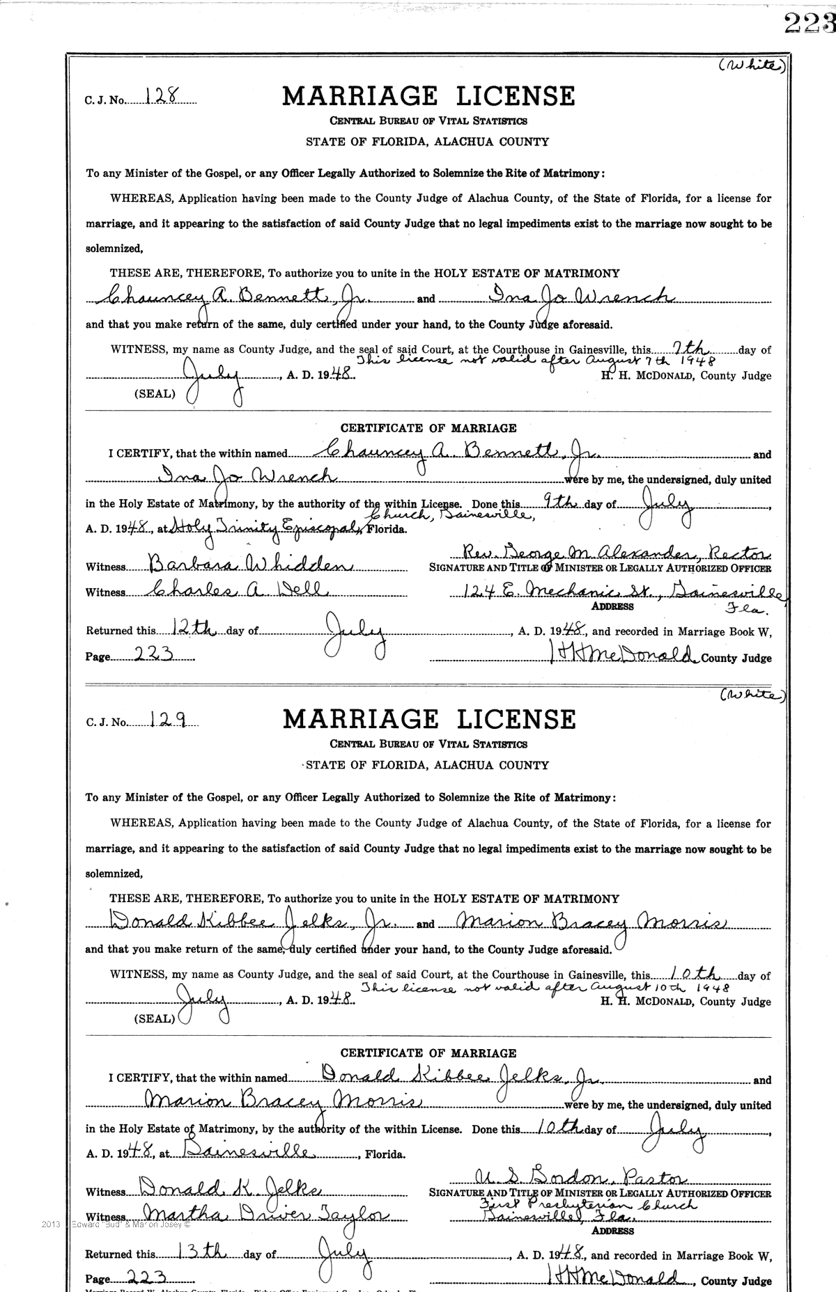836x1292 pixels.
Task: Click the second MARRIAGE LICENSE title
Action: click(x=428, y=719)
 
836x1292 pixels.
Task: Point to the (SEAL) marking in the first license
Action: click(x=155, y=393)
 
